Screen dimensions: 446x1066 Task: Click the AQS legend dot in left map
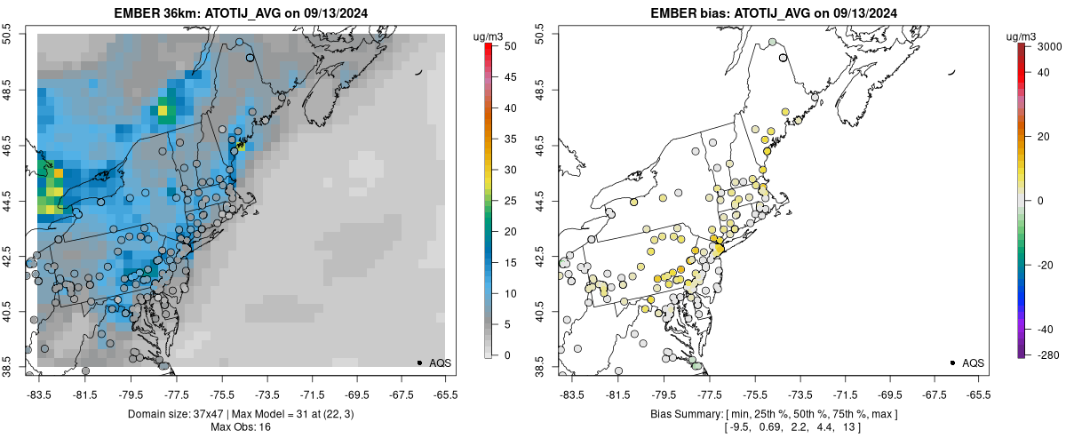pos(419,362)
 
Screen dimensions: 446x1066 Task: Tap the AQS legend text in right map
pos(973,362)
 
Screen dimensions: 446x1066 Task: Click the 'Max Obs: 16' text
pos(242,427)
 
